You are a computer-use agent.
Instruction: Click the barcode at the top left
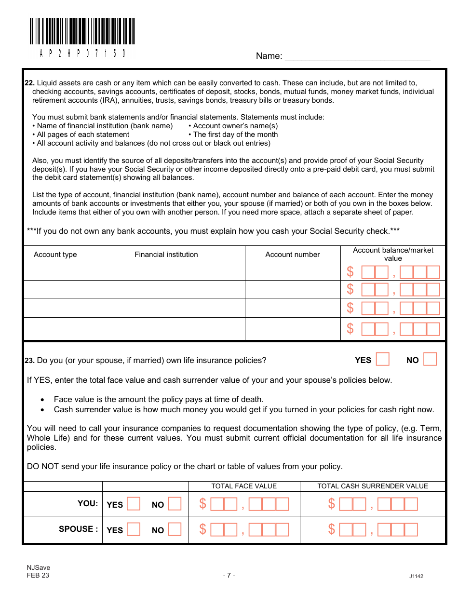(82, 32)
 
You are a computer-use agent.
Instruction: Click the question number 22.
(29, 83)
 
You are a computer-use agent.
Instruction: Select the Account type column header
(55, 255)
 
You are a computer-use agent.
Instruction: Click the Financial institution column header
(166, 255)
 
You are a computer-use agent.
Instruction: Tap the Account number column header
(292, 255)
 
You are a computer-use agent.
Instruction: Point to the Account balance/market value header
(393, 254)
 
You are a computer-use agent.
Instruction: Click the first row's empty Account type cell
(55, 272)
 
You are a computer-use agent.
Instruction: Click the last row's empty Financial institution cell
(166, 329)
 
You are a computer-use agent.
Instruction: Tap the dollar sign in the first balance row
(350, 272)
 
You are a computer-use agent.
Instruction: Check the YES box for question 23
(383, 359)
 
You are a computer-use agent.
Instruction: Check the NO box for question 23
(430, 359)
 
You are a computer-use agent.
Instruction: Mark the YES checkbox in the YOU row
(134, 504)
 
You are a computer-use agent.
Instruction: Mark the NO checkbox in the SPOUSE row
(175, 529)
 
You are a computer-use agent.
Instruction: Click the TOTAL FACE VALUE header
(244, 486)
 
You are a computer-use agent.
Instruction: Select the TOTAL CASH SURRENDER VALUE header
(372, 486)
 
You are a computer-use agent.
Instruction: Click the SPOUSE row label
(78, 529)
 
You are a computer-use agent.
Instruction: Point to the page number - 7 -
(229, 575)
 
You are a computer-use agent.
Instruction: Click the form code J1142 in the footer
(416, 576)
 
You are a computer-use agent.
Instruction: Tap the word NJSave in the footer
(39, 567)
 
